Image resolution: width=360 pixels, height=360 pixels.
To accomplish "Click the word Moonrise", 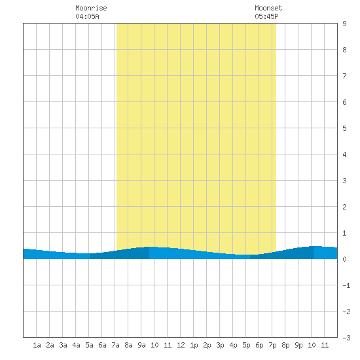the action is click(91, 9).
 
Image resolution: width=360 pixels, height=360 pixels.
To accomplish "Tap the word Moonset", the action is click(268, 9).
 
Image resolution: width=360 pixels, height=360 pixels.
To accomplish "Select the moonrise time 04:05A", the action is click(88, 16).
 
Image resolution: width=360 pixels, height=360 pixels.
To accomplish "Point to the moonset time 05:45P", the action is click(266, 16).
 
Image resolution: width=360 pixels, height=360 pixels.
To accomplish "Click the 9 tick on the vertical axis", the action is click(344, 24).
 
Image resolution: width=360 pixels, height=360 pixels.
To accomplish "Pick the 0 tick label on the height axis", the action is click(344, 259).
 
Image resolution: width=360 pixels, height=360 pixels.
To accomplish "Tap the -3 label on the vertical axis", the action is click(346, 338).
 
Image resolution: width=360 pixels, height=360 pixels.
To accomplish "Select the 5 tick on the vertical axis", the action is click(344, 128).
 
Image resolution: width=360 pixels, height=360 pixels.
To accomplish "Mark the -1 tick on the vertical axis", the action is click(346, 285).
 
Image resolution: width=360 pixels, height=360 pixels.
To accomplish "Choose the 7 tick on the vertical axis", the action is click(344, 76).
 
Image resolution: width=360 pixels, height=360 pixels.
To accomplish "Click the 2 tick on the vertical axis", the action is click(344, 207).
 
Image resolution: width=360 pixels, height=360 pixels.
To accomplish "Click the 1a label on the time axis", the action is click(37, 345).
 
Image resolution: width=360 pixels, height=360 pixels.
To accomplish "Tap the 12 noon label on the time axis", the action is click(181, 345).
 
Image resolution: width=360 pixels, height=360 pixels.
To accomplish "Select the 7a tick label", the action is click(115, 345).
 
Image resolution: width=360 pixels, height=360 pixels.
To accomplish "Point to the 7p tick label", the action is click(272, 345).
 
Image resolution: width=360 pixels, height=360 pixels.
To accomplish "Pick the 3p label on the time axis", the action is click(220, 345).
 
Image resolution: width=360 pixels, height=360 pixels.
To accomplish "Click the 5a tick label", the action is click(89, 345).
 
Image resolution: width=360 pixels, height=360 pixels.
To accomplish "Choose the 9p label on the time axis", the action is click(298, 345).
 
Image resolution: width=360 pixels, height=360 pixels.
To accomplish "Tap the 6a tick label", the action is click(102, 345).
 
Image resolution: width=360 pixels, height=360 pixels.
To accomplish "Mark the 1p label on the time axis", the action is click(194, 345).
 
